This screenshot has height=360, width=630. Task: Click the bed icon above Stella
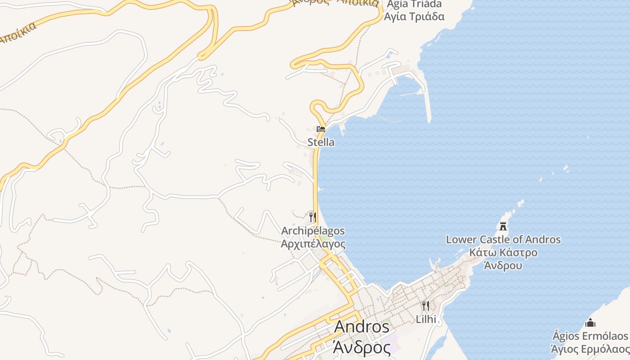(x=321, y=129)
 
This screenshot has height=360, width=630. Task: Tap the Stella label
(x=321, y=142)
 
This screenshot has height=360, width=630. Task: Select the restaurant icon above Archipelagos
(x=313, y=217)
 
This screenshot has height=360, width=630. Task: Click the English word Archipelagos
(x=313, y=231)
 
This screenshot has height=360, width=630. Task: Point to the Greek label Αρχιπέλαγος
(x=313, y=244)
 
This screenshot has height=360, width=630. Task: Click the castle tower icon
(x=504, y=226)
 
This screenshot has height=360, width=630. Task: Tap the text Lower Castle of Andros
(x=503, y=239)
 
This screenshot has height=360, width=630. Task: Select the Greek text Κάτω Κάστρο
(x=503, y=252)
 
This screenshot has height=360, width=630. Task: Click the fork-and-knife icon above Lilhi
(x=425, y=306)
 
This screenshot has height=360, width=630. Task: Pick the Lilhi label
(x=426, y=319)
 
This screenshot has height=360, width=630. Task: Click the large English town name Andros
(x=361, y=327)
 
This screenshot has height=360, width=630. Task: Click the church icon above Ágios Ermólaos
(x=590, y=323)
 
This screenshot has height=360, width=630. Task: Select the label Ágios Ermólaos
(x=590, y=336)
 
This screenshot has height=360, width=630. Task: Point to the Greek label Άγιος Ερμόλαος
(x=590, y=349)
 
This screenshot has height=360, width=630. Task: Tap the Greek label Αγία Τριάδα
(x=414, y=17)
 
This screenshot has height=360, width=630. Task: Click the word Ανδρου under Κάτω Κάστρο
(x=503, y=265)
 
